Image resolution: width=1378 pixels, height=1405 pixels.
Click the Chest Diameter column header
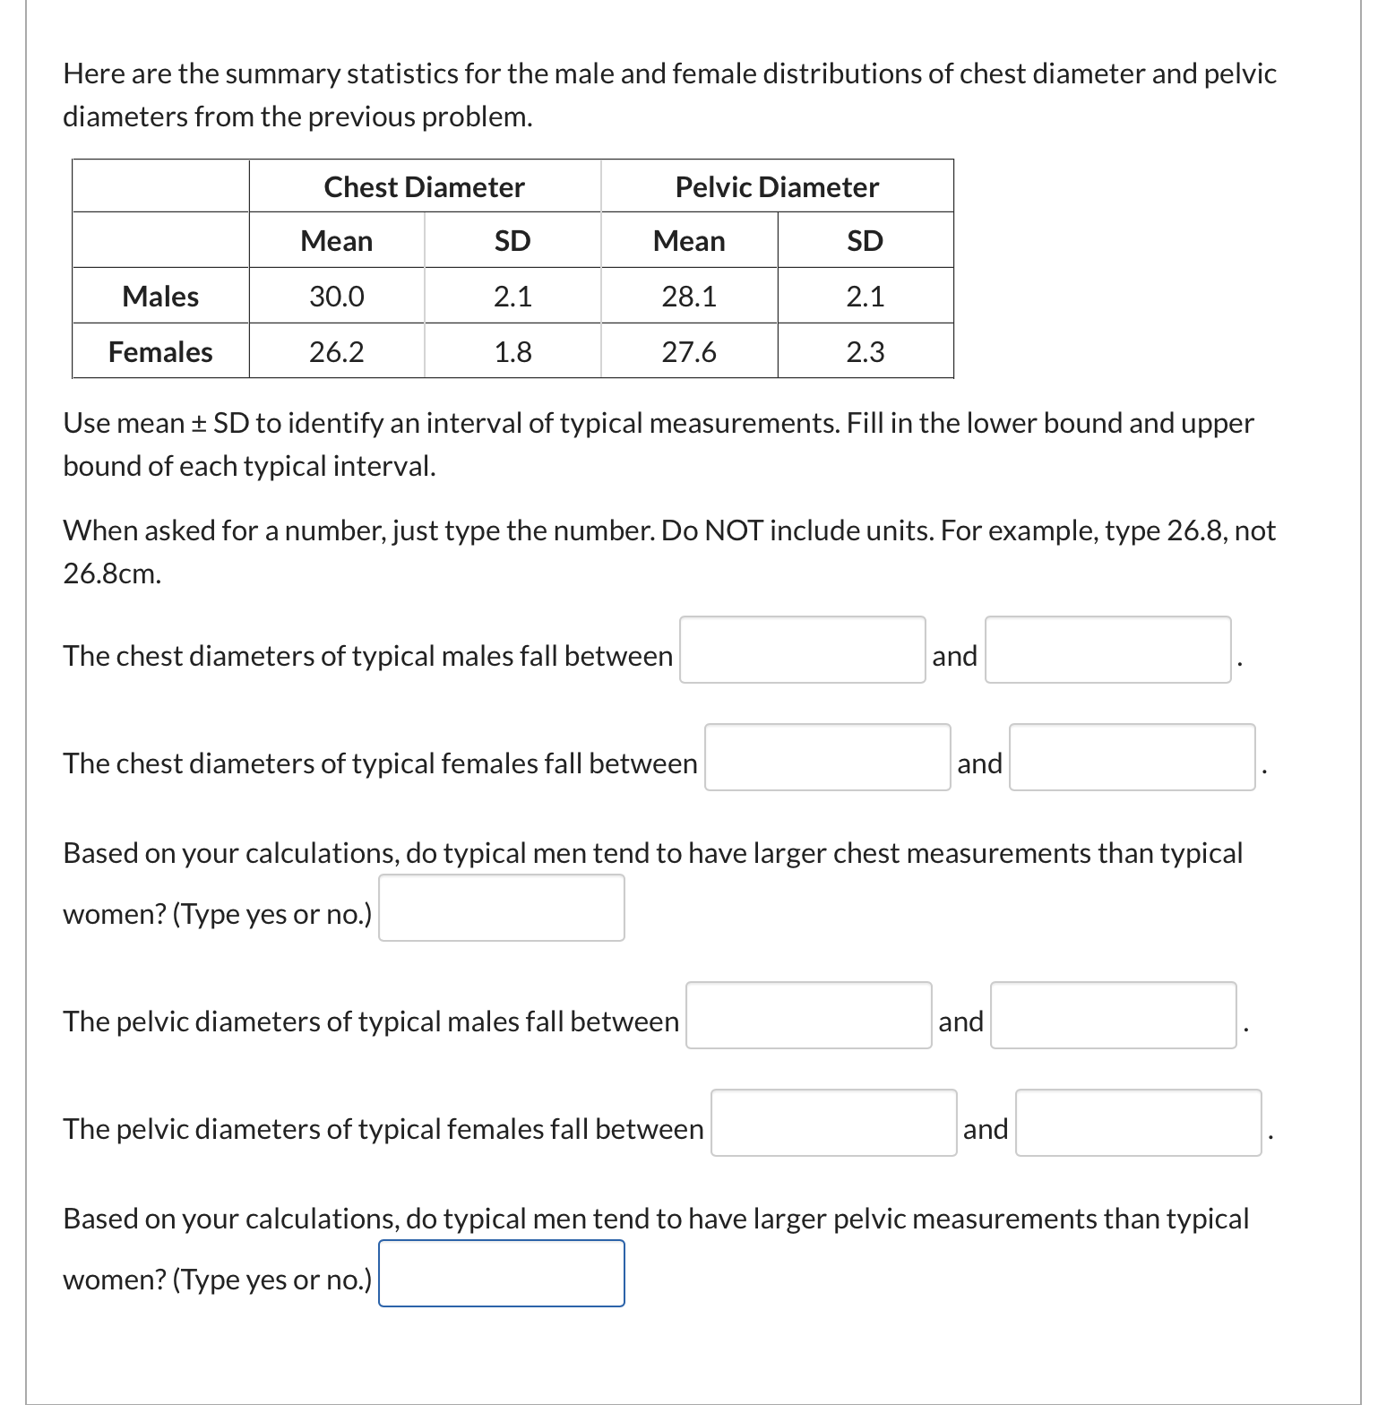pos(424,187)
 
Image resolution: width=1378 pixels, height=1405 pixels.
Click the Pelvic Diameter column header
pos(777,187)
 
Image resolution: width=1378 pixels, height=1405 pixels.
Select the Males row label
pos(160,297)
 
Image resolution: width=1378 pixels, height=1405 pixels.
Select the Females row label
pos(160,352)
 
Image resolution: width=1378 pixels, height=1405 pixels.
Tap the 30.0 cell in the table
pos(336,297)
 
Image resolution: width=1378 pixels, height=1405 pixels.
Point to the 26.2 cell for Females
pos(336,352)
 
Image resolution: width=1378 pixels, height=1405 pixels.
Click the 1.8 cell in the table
pos(512,352)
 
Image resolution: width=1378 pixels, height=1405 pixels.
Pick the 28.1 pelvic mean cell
pos(688,297)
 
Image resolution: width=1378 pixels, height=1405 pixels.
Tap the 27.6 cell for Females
pos(688,352)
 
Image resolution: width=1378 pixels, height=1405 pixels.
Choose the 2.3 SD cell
pos(865,352)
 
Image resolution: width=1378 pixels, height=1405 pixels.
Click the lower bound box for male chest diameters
pos(802,650)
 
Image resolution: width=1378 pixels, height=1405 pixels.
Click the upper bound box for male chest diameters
pos(1107,650)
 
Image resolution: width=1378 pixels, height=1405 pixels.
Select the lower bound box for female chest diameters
pos(827,757)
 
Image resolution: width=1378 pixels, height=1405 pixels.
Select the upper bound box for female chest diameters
pos(1132,757)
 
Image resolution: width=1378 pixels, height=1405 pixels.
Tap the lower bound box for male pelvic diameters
pos(808,1015)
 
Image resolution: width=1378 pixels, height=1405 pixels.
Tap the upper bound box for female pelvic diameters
pos(1138,1123)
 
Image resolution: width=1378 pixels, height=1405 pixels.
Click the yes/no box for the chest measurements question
pos(501,908)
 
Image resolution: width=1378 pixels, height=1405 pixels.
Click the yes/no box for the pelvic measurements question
pos(501,1273)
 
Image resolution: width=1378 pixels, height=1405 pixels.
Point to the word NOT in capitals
pos(734,531)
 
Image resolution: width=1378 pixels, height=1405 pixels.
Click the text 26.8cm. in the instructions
pos(112,574)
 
